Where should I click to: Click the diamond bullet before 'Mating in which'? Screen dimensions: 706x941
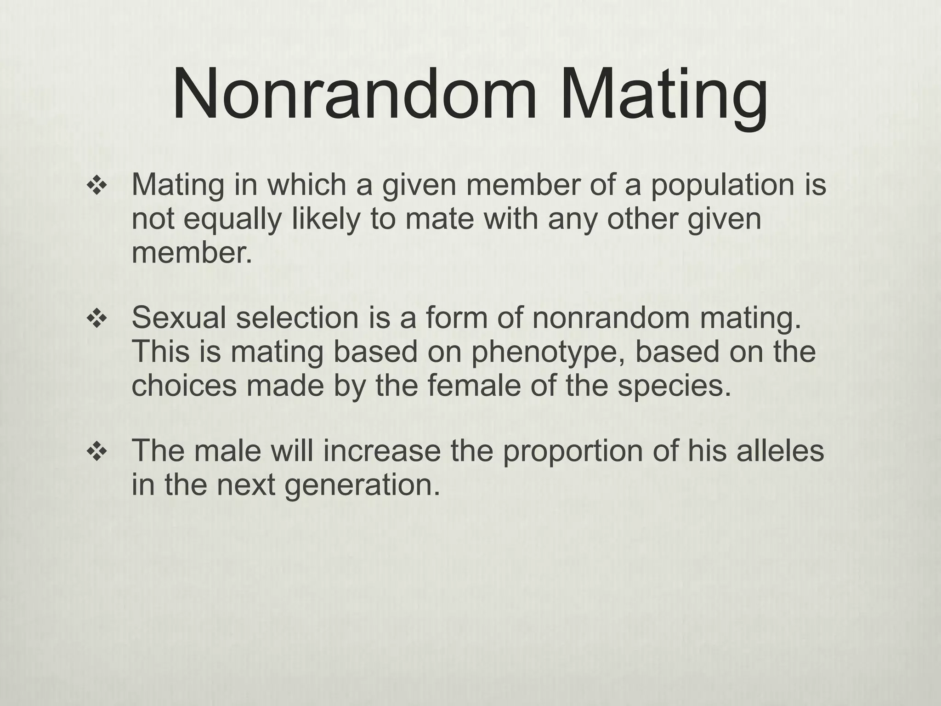click(x=96, y=187)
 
